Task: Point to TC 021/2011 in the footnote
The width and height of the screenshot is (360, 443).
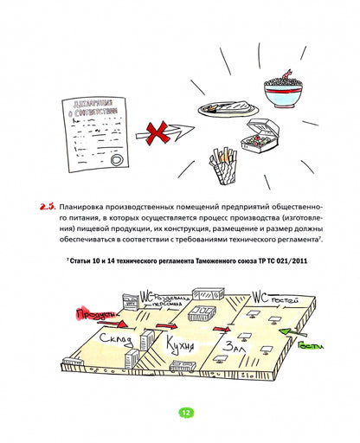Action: click(x=274, y=260)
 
